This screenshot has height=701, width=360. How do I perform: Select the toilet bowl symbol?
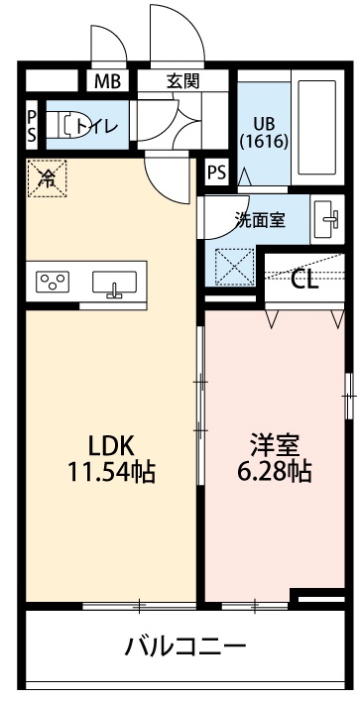tap(70, 126)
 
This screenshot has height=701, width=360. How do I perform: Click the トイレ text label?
tap(97, 125)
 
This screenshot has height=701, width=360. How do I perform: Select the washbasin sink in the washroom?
tap(325, 220)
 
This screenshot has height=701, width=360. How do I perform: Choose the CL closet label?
tap(304, 279)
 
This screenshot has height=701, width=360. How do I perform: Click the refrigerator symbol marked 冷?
tap(46, 177)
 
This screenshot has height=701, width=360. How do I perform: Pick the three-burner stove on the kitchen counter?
tap(53, 282)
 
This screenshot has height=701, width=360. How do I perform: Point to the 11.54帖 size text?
tap(109, 472)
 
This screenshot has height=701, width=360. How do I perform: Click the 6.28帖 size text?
tap(272, 472)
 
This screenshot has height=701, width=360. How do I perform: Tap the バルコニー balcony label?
tap(184, 648)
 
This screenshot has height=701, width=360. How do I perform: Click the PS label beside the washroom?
tap(216, 172)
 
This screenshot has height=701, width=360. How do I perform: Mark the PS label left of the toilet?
tap(32, 124)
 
